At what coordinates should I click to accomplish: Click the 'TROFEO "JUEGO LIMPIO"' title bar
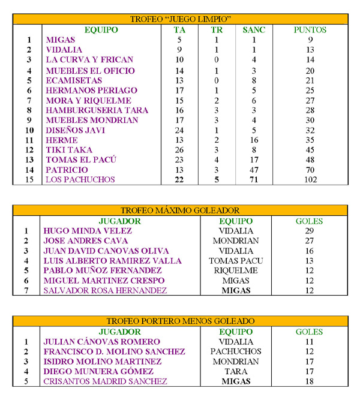(181, 19)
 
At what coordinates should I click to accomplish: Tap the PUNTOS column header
(310, 29)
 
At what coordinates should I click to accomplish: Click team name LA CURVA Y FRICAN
(89, 60)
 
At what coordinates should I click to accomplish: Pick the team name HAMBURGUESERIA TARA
(97, 110)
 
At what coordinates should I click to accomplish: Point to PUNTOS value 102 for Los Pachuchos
(310, 179)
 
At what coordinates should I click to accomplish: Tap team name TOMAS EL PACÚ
(81, 160)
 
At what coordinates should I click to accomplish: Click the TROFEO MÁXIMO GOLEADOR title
(181, 210)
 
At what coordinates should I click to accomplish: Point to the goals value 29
(310, 230)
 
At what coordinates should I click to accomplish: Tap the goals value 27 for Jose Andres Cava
(310, 240)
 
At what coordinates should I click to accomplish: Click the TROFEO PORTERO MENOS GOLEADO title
(181, 321)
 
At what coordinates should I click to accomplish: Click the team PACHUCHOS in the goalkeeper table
(236, 351)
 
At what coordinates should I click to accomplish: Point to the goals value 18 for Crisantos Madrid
(310, 381)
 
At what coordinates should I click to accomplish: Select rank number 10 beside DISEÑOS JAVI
(28, 130)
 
